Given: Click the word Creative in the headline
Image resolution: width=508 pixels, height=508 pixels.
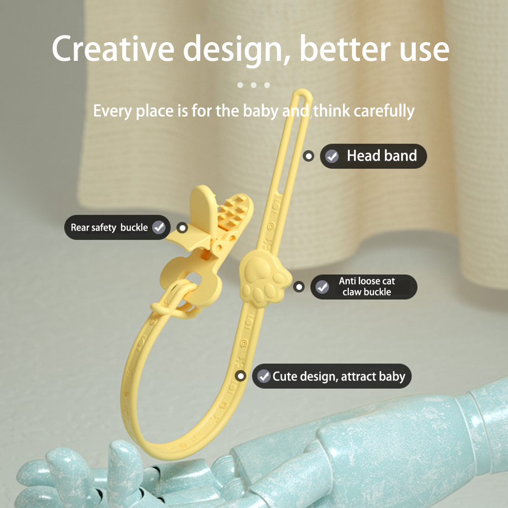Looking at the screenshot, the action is [113, 49].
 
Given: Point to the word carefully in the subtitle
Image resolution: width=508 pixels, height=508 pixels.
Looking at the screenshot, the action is [384, 111].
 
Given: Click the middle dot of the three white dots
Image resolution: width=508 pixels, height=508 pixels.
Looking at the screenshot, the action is [253, 85].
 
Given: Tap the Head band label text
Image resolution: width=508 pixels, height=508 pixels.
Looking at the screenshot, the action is [382, 156].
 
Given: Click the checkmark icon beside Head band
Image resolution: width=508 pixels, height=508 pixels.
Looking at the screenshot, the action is [332, 156].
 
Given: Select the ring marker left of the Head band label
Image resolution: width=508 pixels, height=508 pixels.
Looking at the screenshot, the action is [308, 156].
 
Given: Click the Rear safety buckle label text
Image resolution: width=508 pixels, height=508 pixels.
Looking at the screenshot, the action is [109, 228].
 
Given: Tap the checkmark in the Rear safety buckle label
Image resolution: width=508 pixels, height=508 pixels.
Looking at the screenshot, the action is [159, 227].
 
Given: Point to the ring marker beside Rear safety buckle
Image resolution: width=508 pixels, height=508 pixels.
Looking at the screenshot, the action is [183, 228].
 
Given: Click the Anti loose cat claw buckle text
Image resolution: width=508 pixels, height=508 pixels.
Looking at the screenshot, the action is [367, 286].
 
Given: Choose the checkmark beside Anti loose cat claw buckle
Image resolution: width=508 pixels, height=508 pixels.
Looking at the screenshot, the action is [322, 287].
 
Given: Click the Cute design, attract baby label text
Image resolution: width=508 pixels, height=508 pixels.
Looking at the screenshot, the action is [339, 377].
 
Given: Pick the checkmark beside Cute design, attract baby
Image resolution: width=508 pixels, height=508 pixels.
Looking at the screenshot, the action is [264, 376].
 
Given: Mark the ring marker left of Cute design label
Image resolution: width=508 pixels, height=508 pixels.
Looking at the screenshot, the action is [240, 376].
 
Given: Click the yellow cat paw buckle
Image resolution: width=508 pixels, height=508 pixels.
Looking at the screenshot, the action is [264, 279].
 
